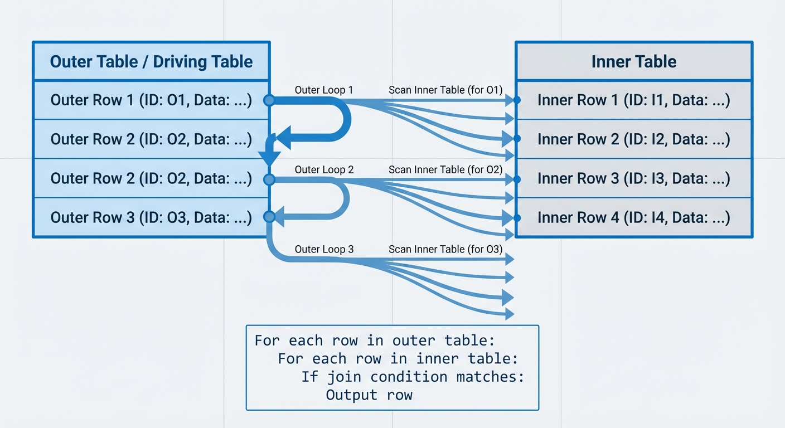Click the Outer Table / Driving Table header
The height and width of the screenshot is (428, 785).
[x=151, y=61]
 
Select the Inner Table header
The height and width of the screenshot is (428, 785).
[x=634, y=61]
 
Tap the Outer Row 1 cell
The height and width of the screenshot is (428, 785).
[x=151, y=100]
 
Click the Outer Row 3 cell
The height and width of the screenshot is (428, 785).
[x=151, y=217]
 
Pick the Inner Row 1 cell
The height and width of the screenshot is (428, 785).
[x=634, y=100]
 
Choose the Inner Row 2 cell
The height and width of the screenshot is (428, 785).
[x=634, y=139]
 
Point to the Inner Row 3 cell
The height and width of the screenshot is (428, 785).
[x=634, y=178]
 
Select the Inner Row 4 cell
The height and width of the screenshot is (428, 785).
[x=634, y=217]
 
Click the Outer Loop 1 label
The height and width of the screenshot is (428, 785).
[x=324, y=90]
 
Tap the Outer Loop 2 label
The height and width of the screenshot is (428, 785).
[x=324, y=170]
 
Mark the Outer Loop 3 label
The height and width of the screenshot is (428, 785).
[x=324, y=249]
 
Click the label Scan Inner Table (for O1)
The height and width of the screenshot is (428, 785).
[x=445, y=90]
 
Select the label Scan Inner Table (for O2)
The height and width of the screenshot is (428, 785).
[x=445, y=170]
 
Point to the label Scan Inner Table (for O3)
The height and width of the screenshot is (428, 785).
[x=445, y=249]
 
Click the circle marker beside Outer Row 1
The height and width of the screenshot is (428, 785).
[x=269, y=100]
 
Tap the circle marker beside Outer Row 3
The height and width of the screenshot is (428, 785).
[x=269, y=217]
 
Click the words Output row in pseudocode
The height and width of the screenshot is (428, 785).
[x=369, y=395]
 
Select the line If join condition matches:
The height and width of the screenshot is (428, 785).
[x=413, y=377]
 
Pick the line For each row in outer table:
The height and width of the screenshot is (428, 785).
[x=375, y=340]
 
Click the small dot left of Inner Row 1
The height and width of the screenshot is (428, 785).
[x=517, y=100]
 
